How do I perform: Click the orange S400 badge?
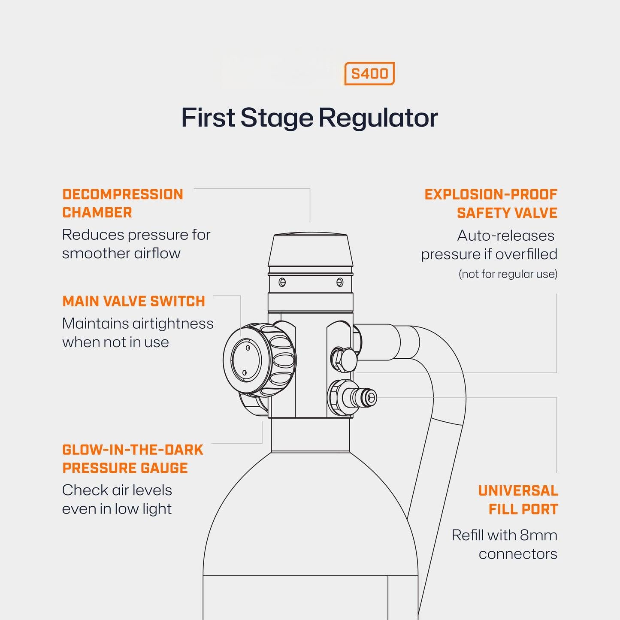pyautogui.click(x=369, y=74)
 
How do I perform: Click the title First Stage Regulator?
pyautogui.click(x=309, y=118)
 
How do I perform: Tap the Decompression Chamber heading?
pyautogui.click(x=122, y=203)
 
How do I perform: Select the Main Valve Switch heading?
pyautogui.click(x=133, y=301)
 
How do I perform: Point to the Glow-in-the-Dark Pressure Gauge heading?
pyautogui.click(x=133, y=459)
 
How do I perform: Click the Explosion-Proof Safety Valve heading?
pyautogui.click(x=491, y=203)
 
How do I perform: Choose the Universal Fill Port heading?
pyautogui.click(x=518, y=500)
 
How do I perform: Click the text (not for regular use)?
pyautogui.click(x=508, y=274)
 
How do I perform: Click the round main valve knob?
pyautogui.click(x=246, y=360)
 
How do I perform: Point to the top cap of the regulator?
pyautogui.click(x=310, y=251)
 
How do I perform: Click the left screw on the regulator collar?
pyautogui.click(x=282, y=282)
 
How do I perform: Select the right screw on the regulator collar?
pyautogui.click(x=340, y=282)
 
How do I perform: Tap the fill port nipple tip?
pyautogui.click(x=371, y=397)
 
